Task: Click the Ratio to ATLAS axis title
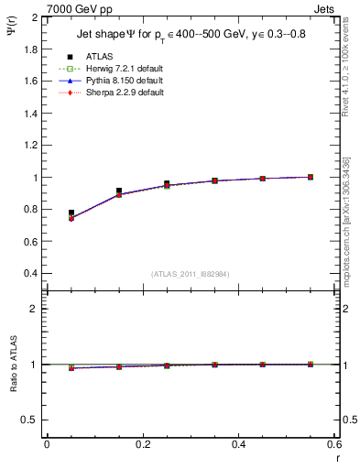[11, 364]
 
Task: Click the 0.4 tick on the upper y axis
[31, 274]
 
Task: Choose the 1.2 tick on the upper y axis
[31, 146]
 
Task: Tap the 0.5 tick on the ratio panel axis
[31, 420]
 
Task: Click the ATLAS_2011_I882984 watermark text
[189, 274]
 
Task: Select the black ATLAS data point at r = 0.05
[71, 213]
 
